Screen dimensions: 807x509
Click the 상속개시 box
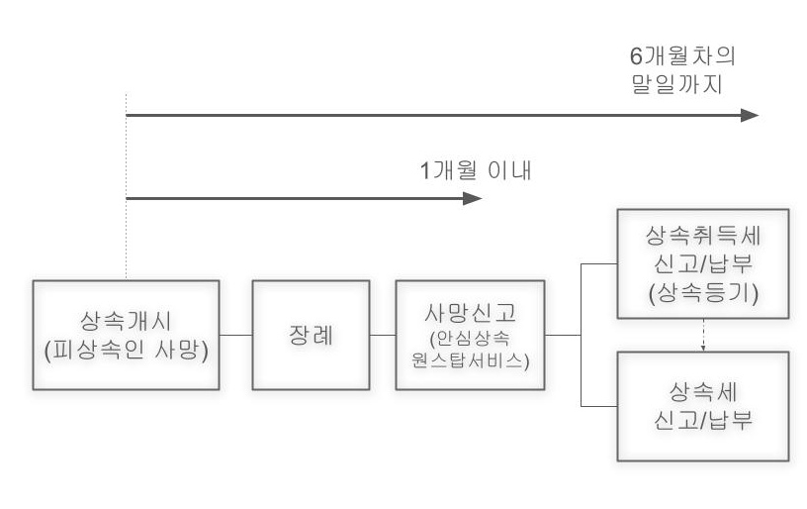click(128, 335)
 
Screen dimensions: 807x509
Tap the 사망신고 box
click(470, 335)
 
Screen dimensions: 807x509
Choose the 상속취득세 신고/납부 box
click(702, 264)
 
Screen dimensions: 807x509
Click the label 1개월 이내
click(477, 169)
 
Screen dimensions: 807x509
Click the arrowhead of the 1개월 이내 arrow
click(474, 198)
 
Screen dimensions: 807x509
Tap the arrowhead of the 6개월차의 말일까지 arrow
click(751, 115)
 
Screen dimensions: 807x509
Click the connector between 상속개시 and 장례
click(236, 335)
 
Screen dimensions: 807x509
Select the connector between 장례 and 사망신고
click(383, 335)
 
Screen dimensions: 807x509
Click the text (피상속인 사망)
click(128, 349)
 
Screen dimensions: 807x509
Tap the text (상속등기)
click(702, 293)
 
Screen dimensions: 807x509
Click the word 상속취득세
click(702, 236)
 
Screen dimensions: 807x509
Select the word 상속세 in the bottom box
click(702, 389)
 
